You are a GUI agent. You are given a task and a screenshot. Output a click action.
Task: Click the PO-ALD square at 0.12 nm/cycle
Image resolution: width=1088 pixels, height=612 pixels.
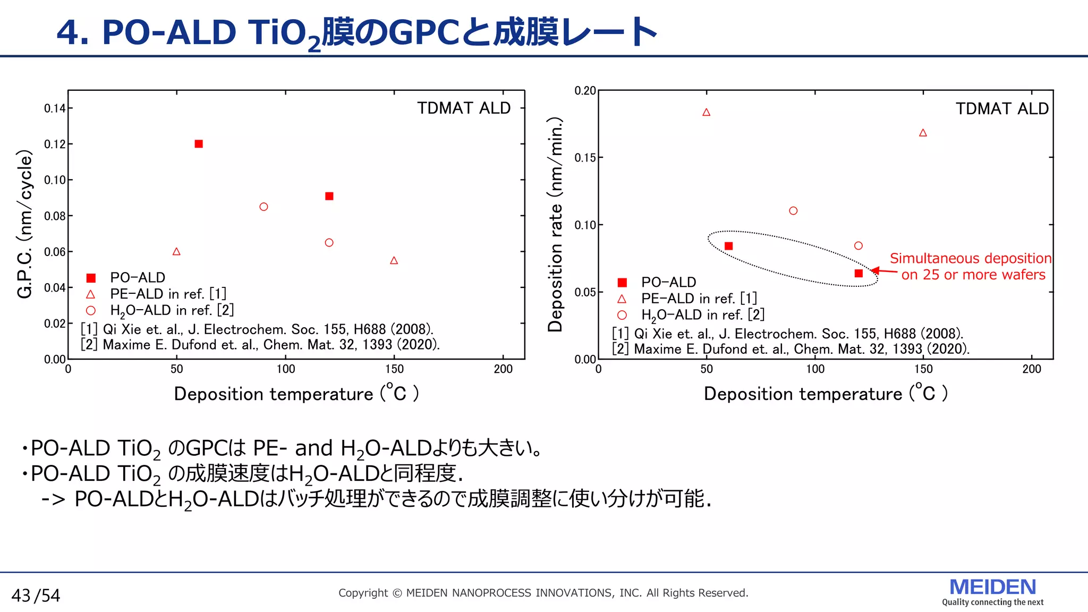click(199, 144)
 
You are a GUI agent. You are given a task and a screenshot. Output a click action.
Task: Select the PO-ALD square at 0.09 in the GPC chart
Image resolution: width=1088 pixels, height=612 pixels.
click(329, 196)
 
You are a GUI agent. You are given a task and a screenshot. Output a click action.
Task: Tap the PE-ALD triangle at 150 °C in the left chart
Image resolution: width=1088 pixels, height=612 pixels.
click(394, 260)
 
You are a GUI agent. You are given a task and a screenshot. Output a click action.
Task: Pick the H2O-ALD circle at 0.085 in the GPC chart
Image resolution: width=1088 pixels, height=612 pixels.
click(263, 207)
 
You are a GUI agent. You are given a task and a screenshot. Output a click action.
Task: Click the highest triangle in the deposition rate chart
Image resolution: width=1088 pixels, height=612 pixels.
click(707, 112)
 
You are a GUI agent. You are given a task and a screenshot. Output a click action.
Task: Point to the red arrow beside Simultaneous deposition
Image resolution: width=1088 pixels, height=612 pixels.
click(884, 271)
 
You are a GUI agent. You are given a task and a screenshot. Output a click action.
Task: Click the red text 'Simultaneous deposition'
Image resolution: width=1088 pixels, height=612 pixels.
click(970, 258)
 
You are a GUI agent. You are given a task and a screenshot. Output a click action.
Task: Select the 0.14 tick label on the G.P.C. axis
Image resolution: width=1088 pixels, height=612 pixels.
click(55, 108)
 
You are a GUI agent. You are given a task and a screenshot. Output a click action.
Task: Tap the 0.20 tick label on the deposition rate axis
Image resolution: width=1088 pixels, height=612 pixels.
click(585, 91)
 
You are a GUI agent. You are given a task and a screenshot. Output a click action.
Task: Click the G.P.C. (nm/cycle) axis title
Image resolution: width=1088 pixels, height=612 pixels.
click(25, 224)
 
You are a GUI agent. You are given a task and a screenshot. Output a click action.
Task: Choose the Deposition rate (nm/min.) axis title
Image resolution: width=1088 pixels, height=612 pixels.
click(555, 225)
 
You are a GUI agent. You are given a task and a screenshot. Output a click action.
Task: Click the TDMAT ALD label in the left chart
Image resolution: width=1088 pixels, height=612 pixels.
click(463, 108)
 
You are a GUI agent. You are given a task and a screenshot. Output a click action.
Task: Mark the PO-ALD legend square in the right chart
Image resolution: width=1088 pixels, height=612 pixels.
click(622, 283)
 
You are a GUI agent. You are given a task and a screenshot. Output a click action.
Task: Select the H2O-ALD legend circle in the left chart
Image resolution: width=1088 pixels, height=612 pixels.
click(91, 310)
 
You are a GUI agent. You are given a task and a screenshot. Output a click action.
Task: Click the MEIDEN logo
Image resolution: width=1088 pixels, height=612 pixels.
click(992, 588)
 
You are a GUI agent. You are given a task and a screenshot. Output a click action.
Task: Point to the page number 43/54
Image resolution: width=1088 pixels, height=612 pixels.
click(36, 596)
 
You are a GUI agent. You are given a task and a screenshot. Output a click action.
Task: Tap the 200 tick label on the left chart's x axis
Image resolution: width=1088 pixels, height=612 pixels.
click(503, 369)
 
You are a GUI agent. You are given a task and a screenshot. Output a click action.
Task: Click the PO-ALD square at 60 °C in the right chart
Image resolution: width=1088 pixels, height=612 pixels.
click(729, 246)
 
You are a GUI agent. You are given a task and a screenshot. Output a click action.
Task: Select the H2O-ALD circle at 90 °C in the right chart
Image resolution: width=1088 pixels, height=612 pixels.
click(793, 211)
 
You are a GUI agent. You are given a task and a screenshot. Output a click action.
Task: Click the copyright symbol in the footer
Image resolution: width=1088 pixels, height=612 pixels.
click(397, 593)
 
